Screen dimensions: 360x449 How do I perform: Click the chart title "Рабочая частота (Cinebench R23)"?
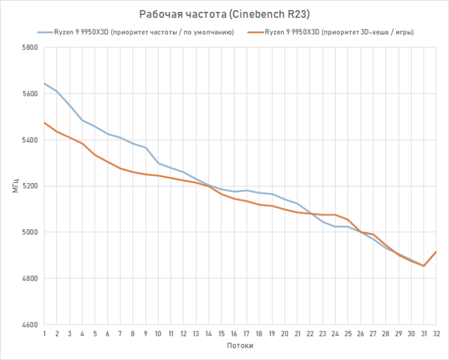[x=224, y=14]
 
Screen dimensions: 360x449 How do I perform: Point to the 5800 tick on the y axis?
[x=30, y=47]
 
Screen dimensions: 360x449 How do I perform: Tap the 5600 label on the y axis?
[x=30, y=94]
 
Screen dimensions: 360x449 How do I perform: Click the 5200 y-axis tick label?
[x=30, y=186]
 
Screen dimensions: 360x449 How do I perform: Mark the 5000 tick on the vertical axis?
[x=30, y=232]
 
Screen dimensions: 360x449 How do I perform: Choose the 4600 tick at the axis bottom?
[x=30, y=325]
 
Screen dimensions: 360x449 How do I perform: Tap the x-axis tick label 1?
[x=44, y=334]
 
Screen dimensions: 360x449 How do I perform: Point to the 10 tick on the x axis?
[x=158, y=334]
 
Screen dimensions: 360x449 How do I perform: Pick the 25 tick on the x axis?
[x=348, y=334]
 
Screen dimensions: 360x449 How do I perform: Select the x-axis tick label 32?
[x=436, y=334]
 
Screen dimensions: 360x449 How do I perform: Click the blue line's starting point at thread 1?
[x=44, y=83]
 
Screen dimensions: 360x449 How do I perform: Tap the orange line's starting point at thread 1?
[x=44, y=122]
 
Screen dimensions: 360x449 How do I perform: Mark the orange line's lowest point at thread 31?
[x=424, y=266]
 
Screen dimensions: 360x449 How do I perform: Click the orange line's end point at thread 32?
[x=436, y=252]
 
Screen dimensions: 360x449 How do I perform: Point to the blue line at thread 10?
[x=158, y=163]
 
